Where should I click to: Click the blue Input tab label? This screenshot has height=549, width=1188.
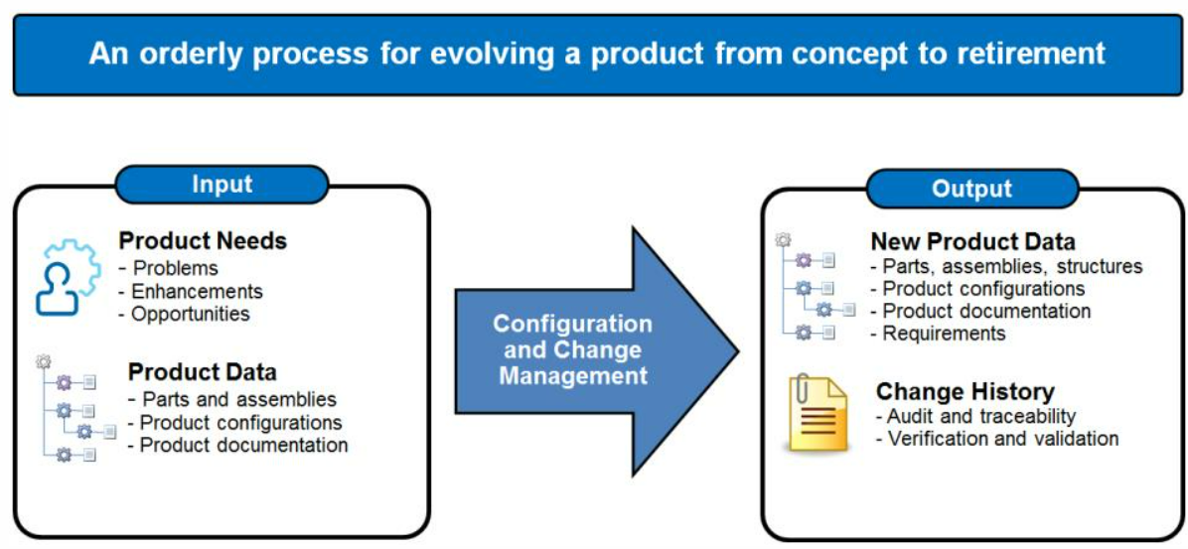pos(222,184)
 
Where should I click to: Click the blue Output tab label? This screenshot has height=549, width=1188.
pos(972,188)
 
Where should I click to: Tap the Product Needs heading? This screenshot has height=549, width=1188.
pos(203,241)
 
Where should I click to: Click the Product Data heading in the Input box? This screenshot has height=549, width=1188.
pos(203,372)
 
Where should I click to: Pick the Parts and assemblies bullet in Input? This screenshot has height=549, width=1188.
pos(232,398)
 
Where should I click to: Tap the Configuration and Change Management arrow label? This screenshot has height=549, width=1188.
pos(573,349)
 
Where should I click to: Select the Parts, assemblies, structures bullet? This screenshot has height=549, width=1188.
pos(1007,266)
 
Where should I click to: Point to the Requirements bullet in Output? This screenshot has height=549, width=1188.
pos(939,334)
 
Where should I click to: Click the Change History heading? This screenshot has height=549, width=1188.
pos(965,392)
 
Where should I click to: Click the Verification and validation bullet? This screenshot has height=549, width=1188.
pos(997,438)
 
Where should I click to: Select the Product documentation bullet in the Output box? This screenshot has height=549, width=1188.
pos(981,311)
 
